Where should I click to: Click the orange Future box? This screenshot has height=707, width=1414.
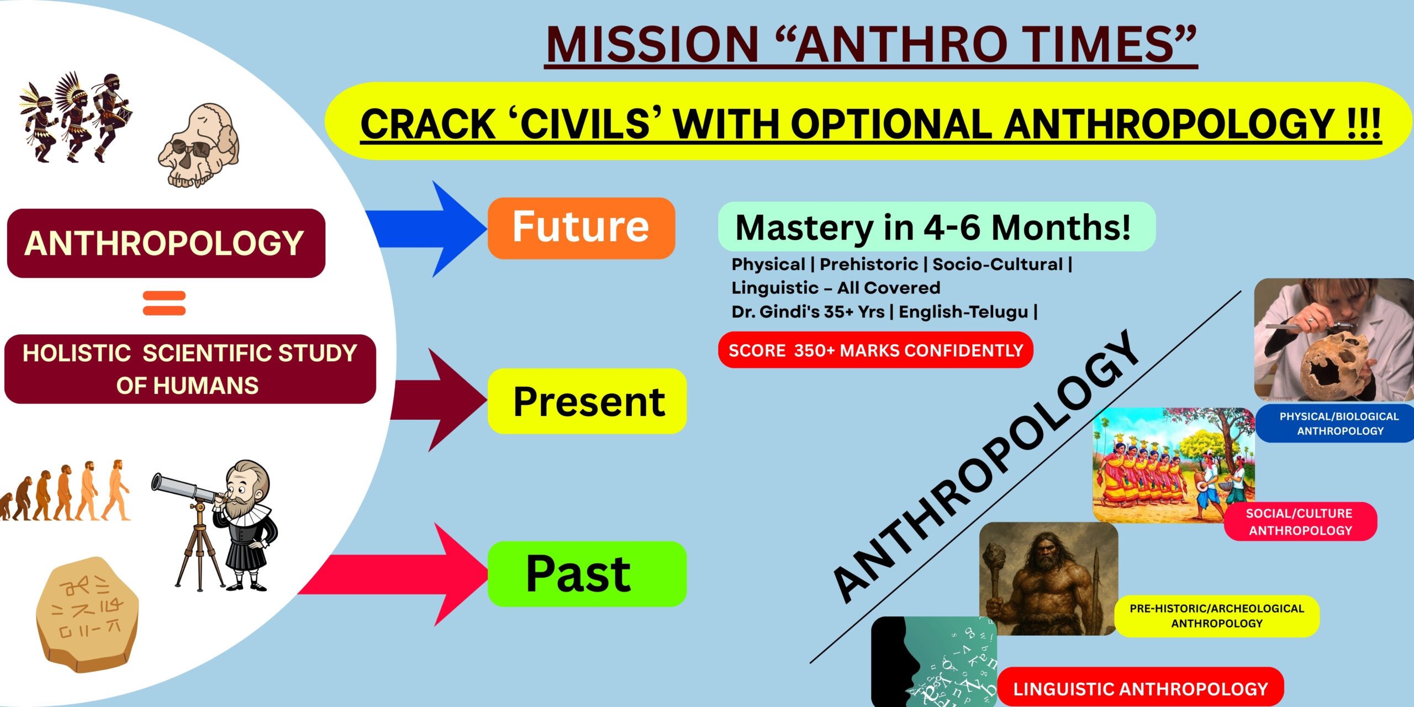point(581,228)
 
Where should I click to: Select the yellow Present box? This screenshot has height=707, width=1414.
point(587,401)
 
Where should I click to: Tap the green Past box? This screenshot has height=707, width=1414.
point(587,574)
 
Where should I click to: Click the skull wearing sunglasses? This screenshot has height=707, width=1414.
point(199,145)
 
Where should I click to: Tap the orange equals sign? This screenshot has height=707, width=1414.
point(164,303)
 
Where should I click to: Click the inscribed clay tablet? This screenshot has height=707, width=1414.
point(87,615)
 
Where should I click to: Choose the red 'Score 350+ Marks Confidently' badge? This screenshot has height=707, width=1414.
point(875,350)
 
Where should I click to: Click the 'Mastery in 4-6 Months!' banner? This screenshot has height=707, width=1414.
point(936,227)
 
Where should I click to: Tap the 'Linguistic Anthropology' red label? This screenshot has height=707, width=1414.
point(1141,688)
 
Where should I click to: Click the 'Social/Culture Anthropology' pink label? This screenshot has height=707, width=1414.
point(1300,521)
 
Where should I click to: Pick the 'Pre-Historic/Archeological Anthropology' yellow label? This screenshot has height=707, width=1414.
point(1216,616)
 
